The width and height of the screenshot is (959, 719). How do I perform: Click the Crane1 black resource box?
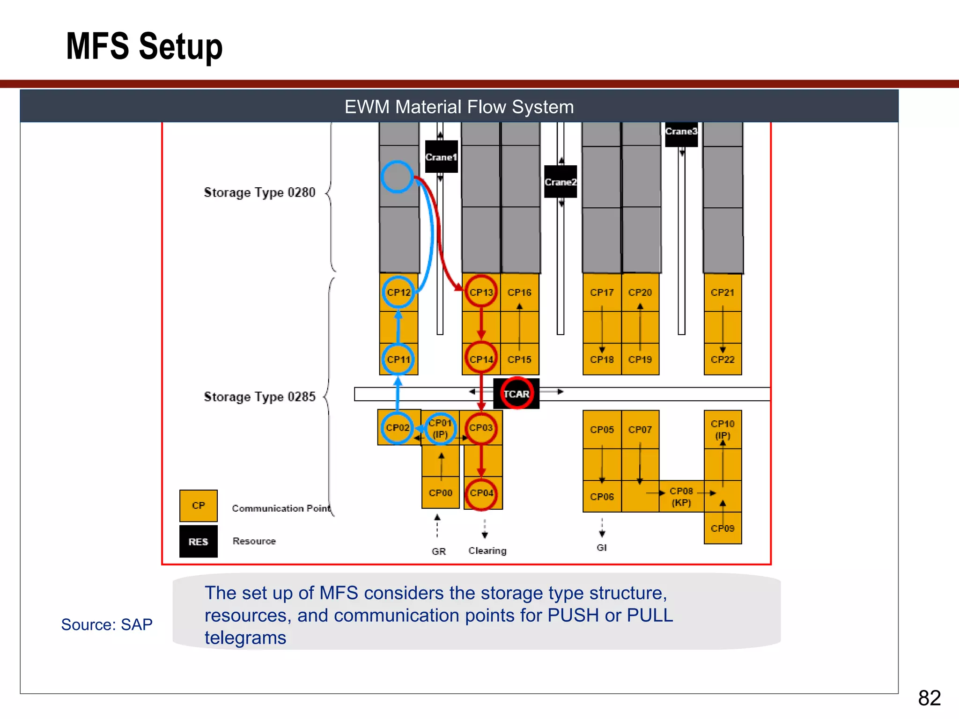pos(441,157)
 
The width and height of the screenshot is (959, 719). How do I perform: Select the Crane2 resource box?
pos(561,182)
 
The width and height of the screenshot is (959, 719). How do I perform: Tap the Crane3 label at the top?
pos(681,132)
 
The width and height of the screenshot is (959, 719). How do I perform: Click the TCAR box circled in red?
pos(516,394)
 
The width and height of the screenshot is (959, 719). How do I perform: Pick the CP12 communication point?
pos(398,292)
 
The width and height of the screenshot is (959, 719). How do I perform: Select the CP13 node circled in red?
pos(481,292)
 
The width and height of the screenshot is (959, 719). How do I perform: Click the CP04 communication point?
pos(481,493)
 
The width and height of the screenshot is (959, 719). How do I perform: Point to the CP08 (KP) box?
pos(681,497)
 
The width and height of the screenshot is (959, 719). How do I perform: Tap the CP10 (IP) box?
pos(723,429)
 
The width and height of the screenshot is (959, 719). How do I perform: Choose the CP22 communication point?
pos(723,359)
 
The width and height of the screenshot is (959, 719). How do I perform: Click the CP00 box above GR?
pos(441,493)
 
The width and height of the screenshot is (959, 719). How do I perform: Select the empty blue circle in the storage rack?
pos(397,177)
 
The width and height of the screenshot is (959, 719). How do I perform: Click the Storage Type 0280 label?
pos(259,192)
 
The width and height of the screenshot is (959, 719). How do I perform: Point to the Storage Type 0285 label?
pos(259,397)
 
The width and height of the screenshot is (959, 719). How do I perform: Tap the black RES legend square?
pos(199,542)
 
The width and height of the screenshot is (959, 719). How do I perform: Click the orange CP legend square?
pos(199,506)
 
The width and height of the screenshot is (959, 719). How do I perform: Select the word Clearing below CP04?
pos(487,550)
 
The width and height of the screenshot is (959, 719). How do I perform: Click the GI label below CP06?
pos(602,547)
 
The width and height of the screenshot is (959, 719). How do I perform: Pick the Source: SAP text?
pos(107,624)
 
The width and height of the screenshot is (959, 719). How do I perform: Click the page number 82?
pos(929,698)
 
